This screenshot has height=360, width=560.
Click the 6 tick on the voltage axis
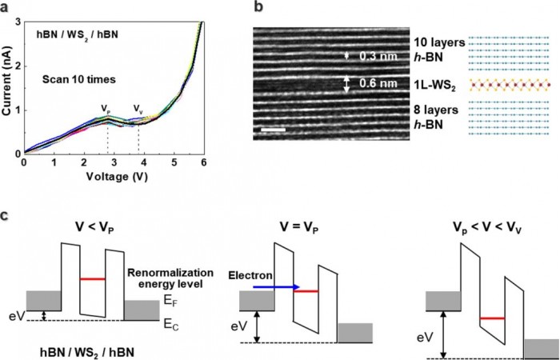[x=204, y=164]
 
